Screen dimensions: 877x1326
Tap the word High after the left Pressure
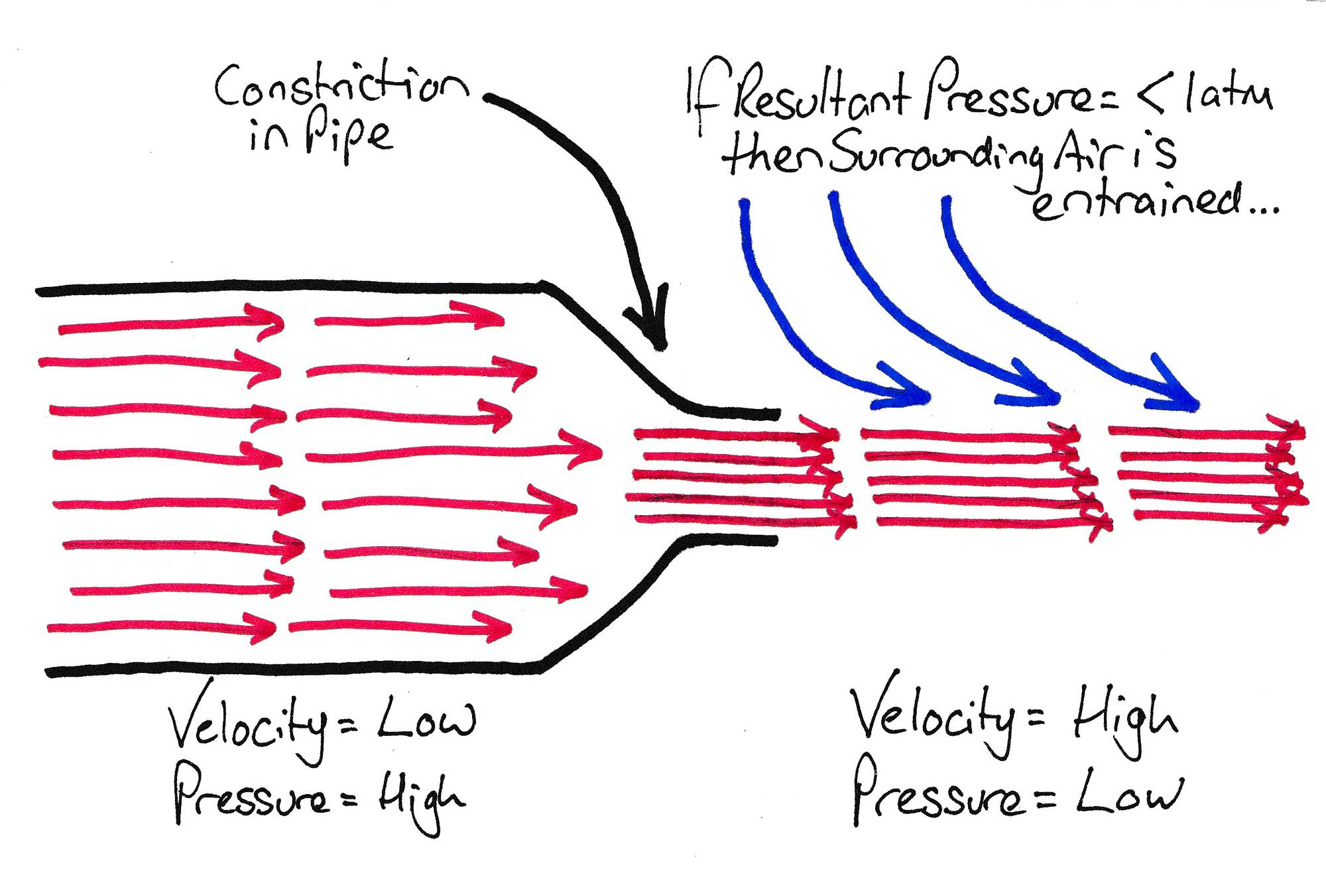pos(421,799)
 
